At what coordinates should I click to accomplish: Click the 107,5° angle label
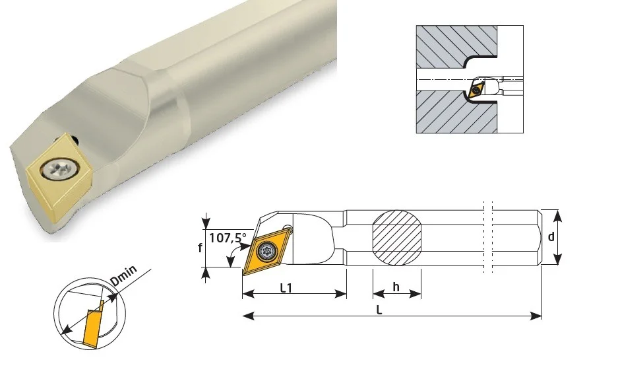pos(228,238)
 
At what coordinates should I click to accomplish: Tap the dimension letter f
pos(201,248)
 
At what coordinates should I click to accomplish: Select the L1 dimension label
pos(286,288)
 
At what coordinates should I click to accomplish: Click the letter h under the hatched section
pos(396,287)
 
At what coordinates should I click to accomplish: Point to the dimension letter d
pos(551,236)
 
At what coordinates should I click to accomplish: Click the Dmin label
pos(124,275)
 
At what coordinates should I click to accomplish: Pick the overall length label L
pos(379,310)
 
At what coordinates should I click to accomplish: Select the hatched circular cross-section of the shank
pos(397,238)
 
